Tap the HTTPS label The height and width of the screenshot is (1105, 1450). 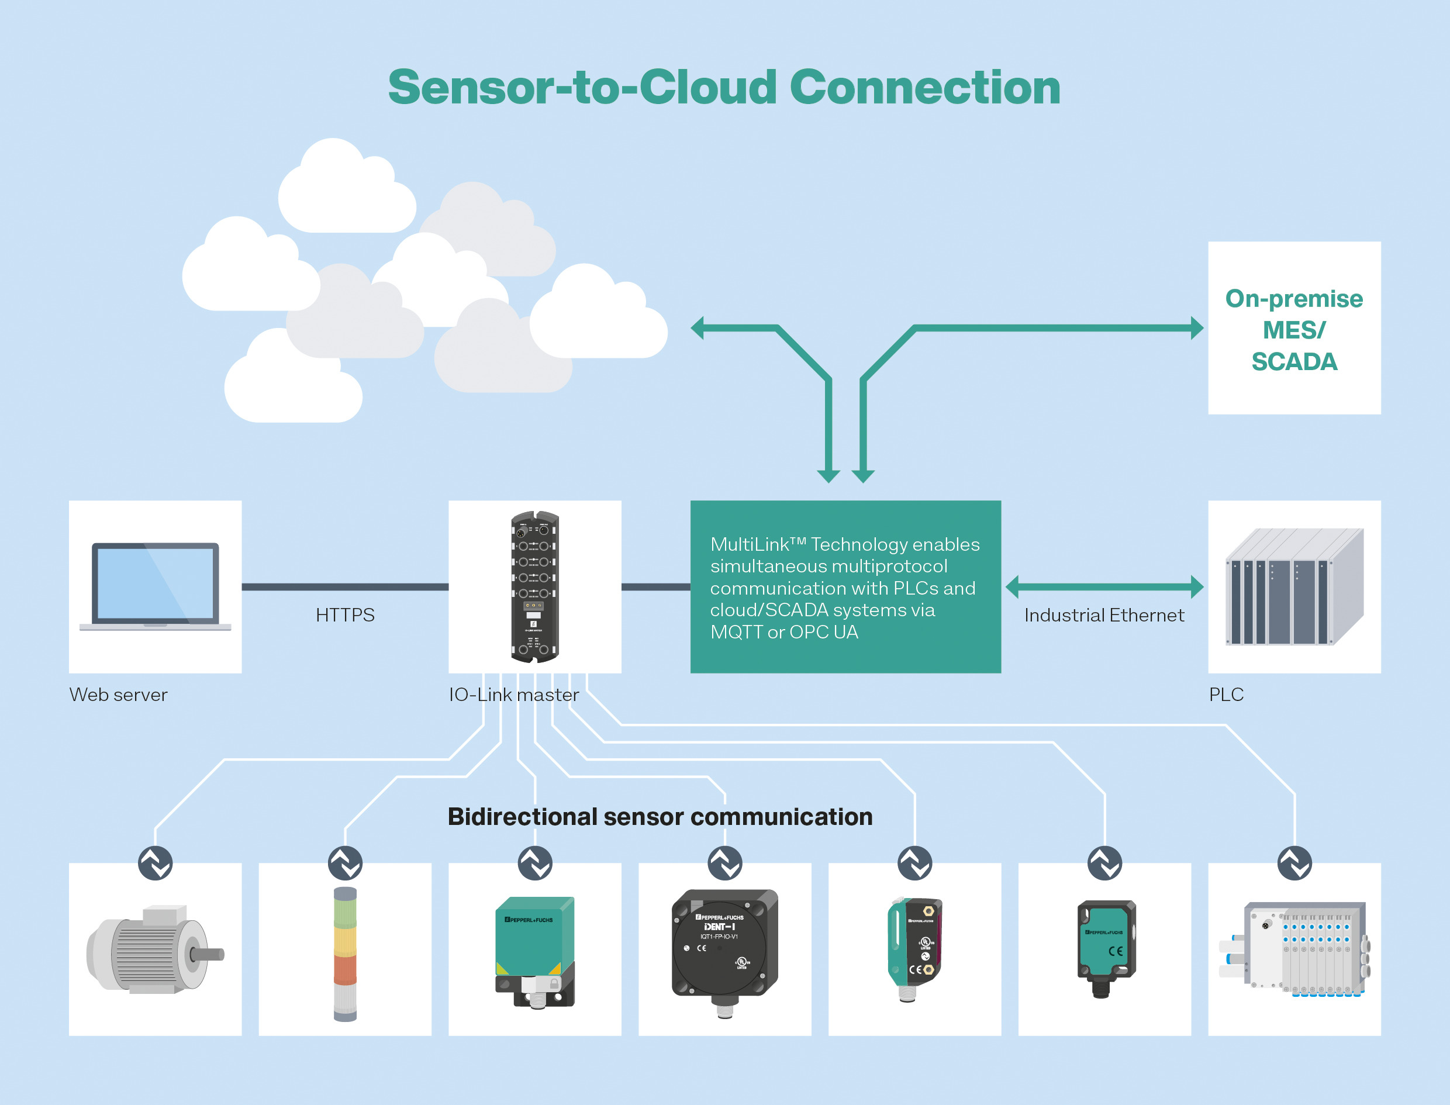click(344, 615)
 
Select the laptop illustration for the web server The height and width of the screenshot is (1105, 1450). click(155, 585)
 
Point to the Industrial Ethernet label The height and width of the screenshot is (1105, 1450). click(1103, 616)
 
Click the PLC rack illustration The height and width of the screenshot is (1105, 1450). click(1293, 587)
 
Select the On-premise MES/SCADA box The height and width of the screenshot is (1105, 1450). click(1293, 328)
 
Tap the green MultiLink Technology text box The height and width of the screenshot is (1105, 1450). click(845, 587)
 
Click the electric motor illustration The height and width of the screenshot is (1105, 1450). click(155, 949)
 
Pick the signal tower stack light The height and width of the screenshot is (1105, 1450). click(344, 954)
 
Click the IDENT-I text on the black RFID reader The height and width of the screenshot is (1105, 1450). click(719, 927)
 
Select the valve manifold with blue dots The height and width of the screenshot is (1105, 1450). click(1293, 949)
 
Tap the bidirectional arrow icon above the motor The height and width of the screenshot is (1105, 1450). click(155, 863)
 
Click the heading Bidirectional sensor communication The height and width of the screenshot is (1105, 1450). click(660, 817)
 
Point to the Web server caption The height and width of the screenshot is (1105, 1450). click(118, 695)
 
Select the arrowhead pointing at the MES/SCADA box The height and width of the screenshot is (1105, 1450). click(1197, 327)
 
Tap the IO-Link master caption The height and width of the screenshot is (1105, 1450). click(513, 695)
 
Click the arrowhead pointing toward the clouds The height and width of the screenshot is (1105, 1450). click(698, 327)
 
